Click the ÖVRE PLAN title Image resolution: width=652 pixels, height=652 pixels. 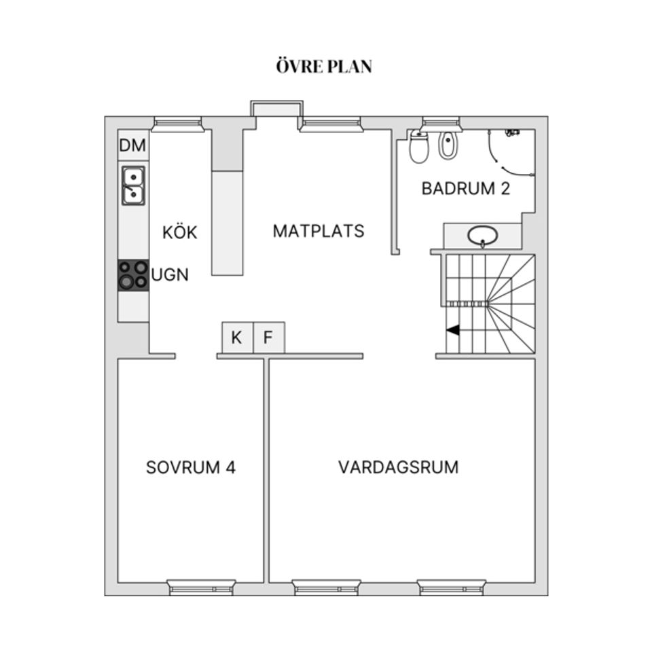(x=325, y=67)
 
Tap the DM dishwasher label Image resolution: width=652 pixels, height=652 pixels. (x=133, y=145)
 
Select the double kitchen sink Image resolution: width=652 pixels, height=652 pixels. (x=133, y=185)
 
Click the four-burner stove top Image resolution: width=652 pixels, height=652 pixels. (x=133, y=276)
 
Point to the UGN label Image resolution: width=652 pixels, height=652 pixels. (x=170, y=276)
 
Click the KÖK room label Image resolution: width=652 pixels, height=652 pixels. (x=180, y=232)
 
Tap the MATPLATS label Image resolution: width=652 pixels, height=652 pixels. (x=319, y=231)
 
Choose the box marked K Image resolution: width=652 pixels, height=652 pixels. (x=237, y=338)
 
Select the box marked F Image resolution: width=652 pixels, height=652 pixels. (x=268, y=338)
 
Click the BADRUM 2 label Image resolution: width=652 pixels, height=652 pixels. (x=466, y=189)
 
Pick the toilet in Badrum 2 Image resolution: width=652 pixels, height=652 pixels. (x=419, y=147)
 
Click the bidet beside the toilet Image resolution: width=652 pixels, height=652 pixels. (x=448, y=145)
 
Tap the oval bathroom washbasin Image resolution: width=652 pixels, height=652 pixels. (x=483, y=236)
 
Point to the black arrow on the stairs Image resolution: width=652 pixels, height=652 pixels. (x=452, y=331)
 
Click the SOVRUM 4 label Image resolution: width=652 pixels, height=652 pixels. (x=191, y=468)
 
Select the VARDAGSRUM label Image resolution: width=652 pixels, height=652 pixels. (x=399, y=467)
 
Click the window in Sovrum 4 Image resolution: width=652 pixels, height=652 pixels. (x=202, y=587)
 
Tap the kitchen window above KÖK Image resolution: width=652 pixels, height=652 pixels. (x=177, y=124)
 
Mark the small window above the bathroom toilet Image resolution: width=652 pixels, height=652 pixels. (x=441, y=124)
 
